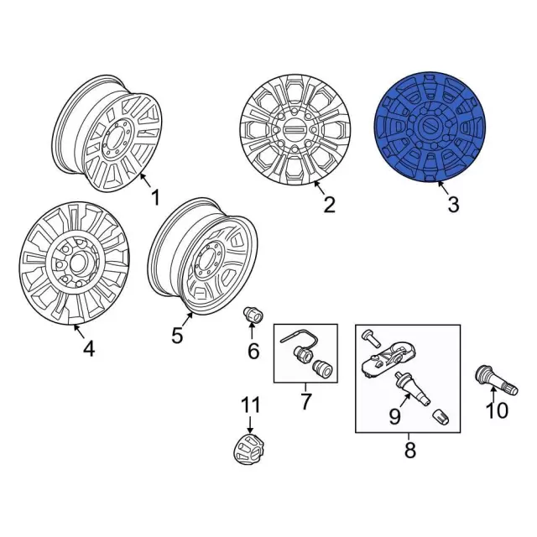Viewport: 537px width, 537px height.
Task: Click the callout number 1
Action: [156, 198]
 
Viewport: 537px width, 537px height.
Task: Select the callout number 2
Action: [330, 205]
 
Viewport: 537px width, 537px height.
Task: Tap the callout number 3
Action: [453, 205]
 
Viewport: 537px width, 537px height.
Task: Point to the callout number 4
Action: [88, 349]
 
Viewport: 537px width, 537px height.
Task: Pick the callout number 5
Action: [177, 336]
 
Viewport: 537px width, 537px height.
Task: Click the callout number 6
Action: [253, 351]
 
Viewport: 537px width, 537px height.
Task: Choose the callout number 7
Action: [305, 401]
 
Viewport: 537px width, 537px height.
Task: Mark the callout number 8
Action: [410, 450]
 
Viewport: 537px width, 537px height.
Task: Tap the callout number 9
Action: [394, 416]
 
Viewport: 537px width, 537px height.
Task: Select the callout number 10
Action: [498, 410]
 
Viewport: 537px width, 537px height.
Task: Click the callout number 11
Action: [251, 404]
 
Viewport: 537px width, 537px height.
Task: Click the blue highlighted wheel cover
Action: [430, 127]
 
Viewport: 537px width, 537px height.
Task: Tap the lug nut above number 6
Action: [253, 315]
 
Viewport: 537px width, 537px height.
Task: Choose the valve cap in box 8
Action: [441, 417]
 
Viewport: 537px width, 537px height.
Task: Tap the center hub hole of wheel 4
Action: [80, 263]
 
